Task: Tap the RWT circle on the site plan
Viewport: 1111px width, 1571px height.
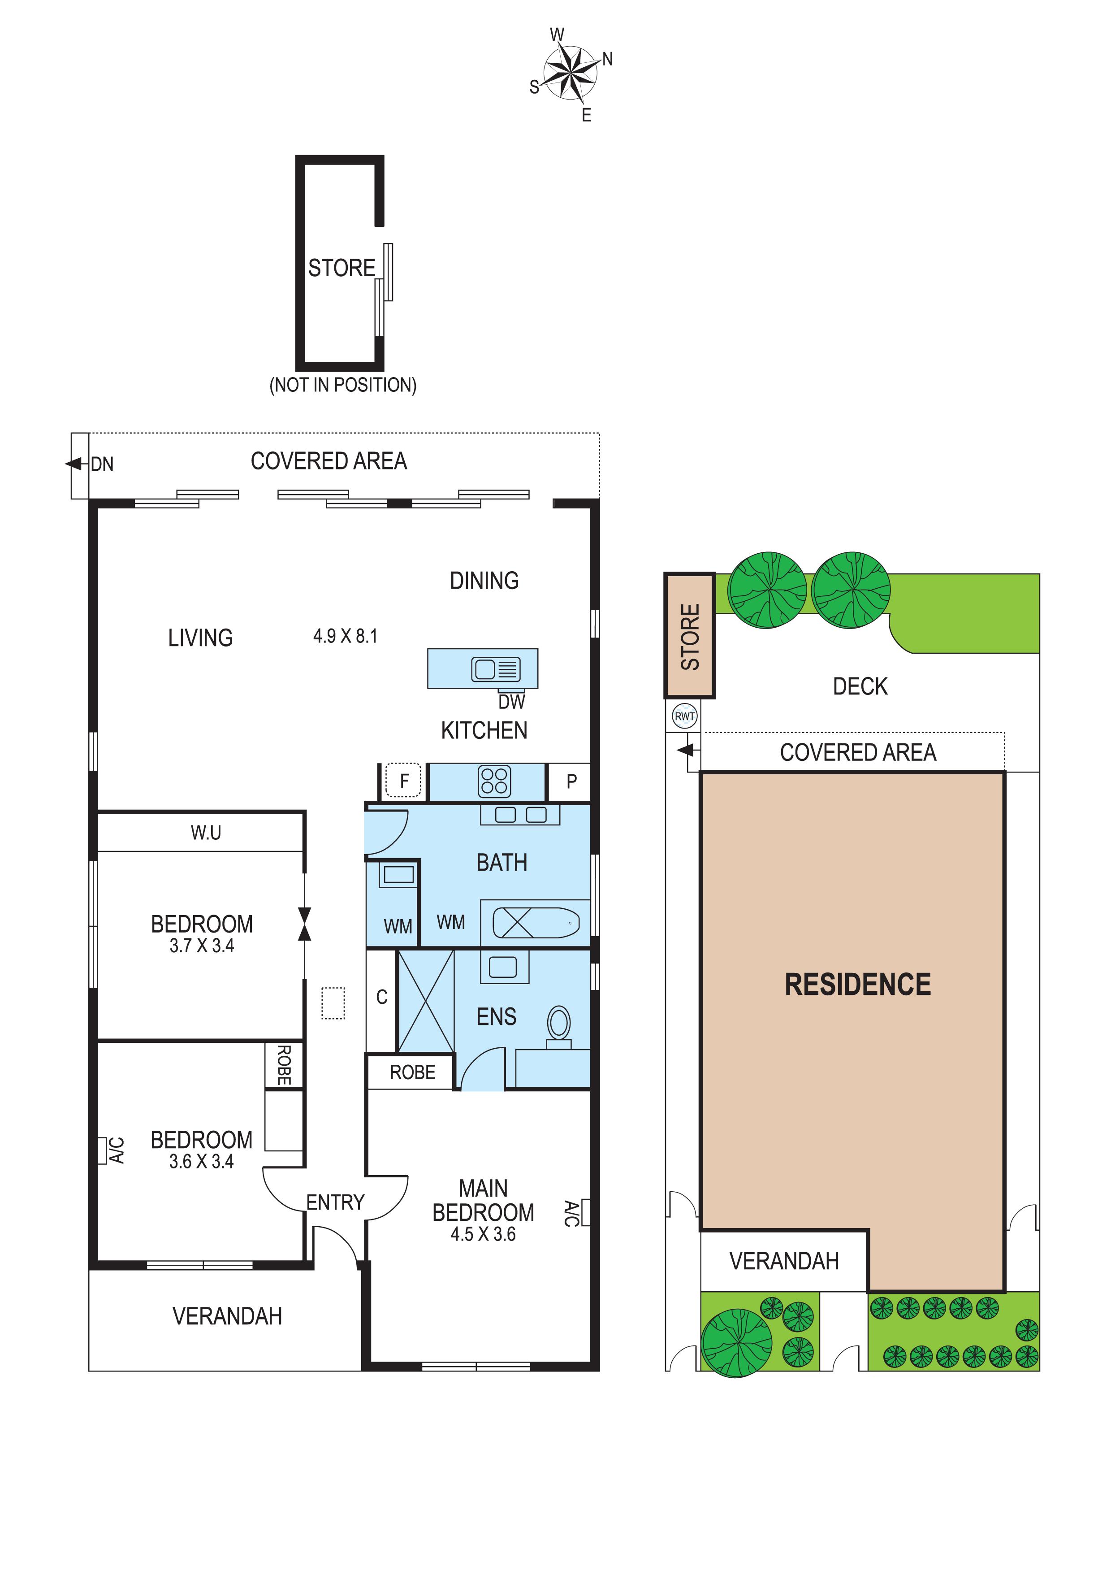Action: click(x=685, y=716)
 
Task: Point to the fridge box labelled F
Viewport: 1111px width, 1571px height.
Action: click(x=404, y=780)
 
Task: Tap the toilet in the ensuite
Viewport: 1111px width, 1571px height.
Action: click(x=559, y=1026)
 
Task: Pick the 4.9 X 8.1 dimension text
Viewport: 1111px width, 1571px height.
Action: click(x=346, y=636)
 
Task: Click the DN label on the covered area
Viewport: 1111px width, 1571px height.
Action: click(x=102, y=464)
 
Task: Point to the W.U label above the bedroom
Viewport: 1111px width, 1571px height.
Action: click(x=206, y=833)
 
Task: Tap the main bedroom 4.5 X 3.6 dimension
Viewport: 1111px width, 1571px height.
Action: click(x=483, y=1234)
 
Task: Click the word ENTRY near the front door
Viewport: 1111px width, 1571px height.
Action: click(x=335, y=1202)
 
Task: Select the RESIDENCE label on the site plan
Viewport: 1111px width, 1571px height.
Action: click(x=858, y=985)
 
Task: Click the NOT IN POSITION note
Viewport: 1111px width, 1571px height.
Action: click(x=343, y=385)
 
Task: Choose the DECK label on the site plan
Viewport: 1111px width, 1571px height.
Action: click(x=860, y=686)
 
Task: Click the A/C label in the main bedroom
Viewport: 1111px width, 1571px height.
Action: click(x=572, y=1213)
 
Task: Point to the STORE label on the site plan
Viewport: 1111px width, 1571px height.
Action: click(x=690, y=636)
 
